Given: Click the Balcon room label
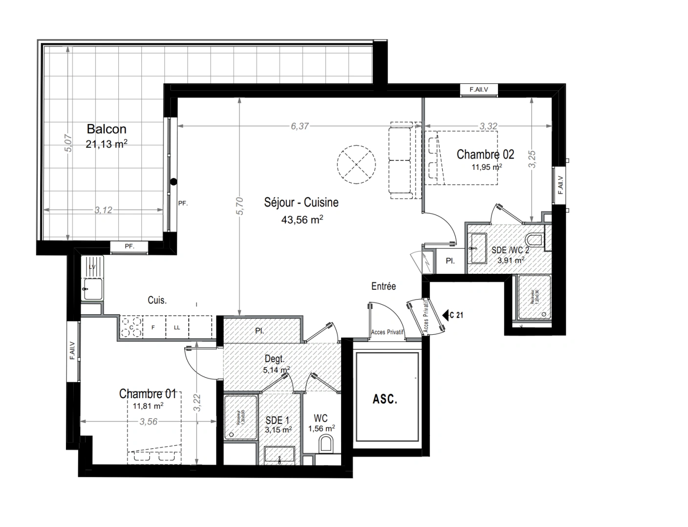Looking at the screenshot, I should pos(107,129).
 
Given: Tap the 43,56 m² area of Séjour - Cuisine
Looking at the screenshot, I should pos(301,220).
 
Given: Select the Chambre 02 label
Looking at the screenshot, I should pos(485,155).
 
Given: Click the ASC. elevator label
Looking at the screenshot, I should pos(385,399).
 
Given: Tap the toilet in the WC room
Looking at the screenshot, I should pos(325,445).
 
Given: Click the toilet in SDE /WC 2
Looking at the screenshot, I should pos(535,240).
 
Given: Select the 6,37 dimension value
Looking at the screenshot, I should pos(300,126).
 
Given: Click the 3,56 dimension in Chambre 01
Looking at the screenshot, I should pos(149,422).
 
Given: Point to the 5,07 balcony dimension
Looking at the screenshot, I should pos(68,143).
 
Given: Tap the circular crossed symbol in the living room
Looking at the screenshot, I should pos(357,164).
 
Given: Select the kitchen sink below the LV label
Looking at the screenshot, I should pos(93,288).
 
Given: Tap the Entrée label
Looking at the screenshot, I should pos(384,286).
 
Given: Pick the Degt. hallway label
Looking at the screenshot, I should pos(274,359).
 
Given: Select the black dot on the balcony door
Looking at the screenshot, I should pos(173,182).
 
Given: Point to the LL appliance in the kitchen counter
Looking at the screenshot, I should pos(177,327).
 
